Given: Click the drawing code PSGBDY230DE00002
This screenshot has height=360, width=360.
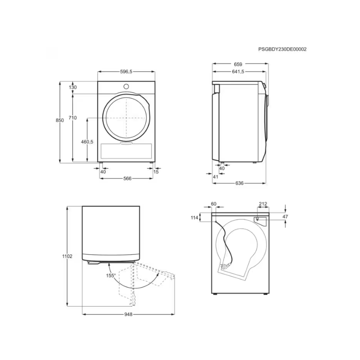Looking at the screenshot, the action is click(282, 49).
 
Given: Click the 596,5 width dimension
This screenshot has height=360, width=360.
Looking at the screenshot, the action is click(126, 72).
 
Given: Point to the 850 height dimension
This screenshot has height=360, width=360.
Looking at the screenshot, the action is click(60, 120).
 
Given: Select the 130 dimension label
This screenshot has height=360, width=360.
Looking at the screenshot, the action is click(72, 87).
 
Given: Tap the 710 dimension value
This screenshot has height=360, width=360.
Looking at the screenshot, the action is click(72, 118).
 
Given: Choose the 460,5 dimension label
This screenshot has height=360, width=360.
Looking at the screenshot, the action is click(87, 142).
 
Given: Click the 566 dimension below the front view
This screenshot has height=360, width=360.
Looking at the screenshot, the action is click(127, 178).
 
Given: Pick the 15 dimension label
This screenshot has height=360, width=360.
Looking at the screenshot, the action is click(156, 172).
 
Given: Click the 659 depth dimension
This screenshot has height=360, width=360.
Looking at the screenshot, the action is click(238, 64).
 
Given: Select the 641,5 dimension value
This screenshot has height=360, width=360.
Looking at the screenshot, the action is click(238, 72).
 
